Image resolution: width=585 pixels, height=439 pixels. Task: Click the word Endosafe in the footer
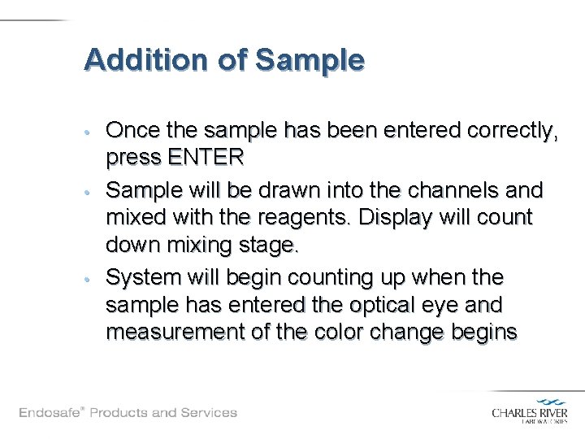(x=50, y=412)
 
